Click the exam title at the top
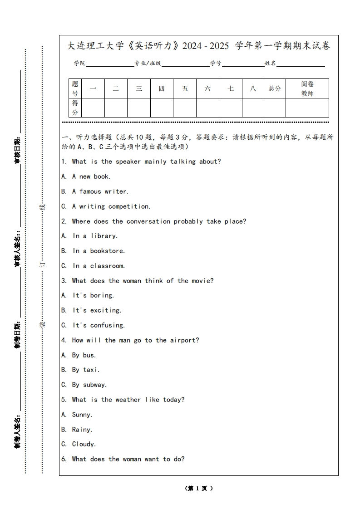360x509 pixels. pos(199,46)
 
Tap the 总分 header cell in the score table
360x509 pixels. pos(275,88)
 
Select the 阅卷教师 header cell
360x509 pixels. pos(307,88)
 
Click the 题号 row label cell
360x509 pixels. pos(75,88)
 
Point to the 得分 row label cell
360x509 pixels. pos(75,108)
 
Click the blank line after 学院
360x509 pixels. pos(109,64)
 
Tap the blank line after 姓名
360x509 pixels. pos(301,64)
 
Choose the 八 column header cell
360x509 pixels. pos(253,88)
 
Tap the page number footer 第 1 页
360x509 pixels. pos(199,489)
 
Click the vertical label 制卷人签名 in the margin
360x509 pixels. pos(17,431)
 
